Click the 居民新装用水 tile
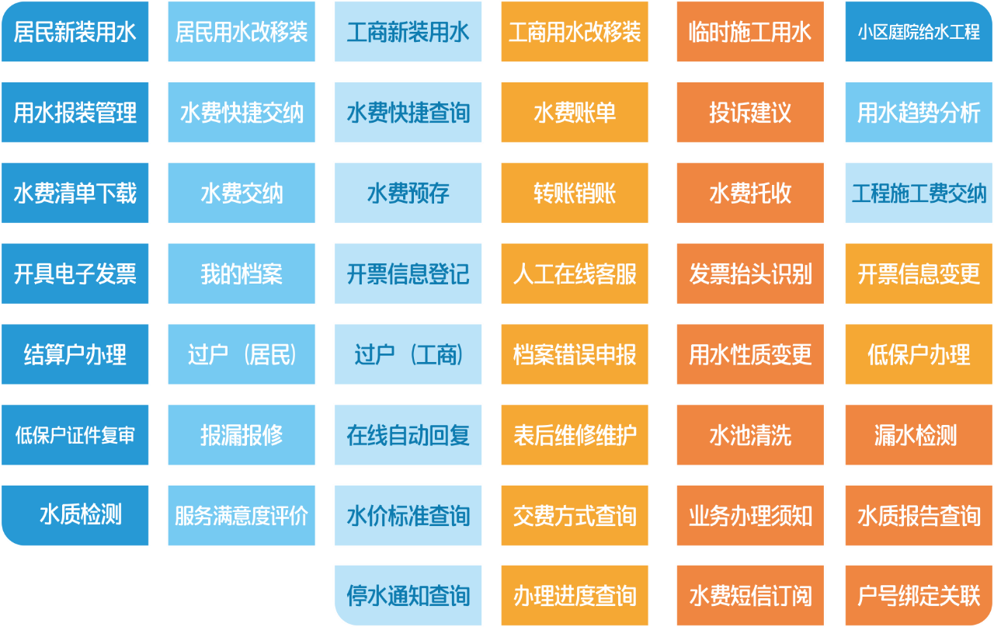(75, 32)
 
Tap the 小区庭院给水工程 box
(919, 32)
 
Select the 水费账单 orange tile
(575, 113)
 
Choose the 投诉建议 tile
(750, 113)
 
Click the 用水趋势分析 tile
(919, 113)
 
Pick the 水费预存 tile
(408, 193)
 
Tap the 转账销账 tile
(575, 193)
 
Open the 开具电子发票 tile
(75, 273)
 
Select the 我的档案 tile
(242, 273)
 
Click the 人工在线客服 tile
(575, 273)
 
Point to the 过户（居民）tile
(242, 354)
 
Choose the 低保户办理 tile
(919, 354)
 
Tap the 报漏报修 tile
(242, 435)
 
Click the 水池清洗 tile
(750, 435)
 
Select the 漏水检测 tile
(919, 435)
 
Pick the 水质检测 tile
(75, 516)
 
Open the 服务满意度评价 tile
(242, 516)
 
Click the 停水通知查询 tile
(408, 595)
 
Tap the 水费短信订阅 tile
(750, 595)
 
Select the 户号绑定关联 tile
(919, 595)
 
